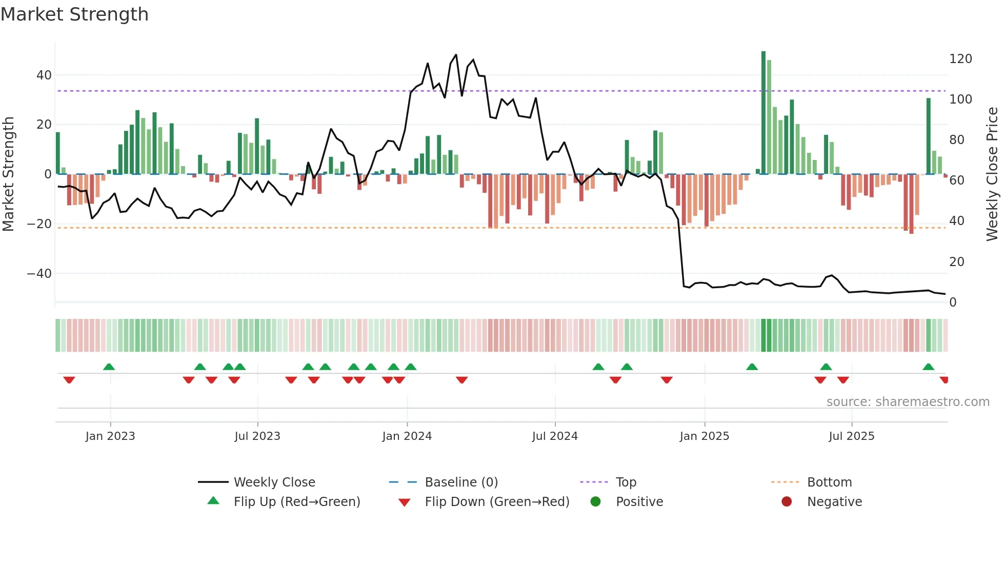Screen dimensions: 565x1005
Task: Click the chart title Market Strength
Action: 74,14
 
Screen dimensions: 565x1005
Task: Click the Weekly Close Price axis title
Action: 992,174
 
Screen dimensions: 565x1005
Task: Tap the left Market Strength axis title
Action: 9,174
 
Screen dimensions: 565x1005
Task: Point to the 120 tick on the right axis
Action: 960,59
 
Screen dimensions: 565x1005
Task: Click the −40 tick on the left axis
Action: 39,274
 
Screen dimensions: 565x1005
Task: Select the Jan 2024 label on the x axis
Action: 407,436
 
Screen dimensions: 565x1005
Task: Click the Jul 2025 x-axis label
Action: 851,436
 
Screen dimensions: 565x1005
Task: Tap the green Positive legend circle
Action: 595,501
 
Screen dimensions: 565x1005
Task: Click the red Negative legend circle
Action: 787,501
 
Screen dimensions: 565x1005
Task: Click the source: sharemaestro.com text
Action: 908,402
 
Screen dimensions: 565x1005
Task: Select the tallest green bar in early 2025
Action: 763,113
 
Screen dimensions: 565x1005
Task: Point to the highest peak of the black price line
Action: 456,55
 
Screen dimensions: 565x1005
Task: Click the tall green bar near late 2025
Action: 929,136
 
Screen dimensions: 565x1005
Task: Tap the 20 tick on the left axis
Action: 44,125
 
